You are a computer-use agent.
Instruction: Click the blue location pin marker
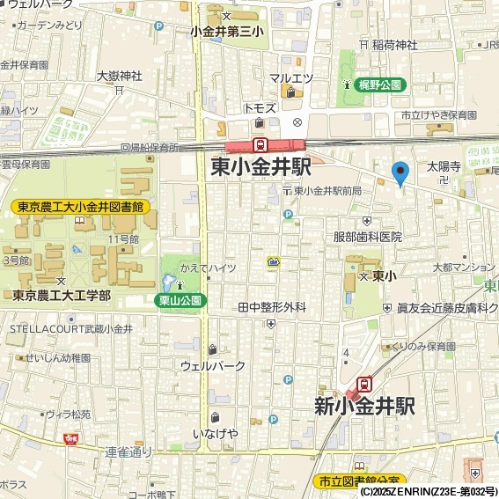[400, 172]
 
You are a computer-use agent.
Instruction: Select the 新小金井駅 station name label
[364, 407]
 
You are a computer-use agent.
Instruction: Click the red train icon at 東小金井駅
[261, 145]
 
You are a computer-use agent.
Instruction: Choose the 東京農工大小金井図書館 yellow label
[80, 208]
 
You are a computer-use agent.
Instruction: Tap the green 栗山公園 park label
[180, 300]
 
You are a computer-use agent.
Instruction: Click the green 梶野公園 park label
[381, 85]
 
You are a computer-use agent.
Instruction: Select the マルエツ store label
[291, 78]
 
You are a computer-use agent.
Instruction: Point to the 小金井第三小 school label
[227, 32]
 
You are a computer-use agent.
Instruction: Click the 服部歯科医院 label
[367, 237]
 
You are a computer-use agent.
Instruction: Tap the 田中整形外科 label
[272, 307]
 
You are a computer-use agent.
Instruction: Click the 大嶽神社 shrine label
[119, 76]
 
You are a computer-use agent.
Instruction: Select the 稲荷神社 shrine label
[393, 45]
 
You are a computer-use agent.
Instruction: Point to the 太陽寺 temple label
[444, 165]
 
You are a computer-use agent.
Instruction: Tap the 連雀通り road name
[128, 452]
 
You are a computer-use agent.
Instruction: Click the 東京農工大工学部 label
[62, 295]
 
